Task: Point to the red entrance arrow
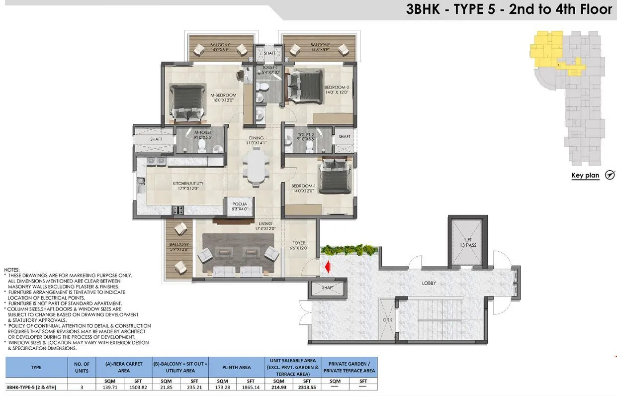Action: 326,268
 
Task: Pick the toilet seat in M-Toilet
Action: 202,146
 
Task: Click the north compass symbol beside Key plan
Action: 610,175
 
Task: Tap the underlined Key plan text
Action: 585,176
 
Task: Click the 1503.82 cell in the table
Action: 137,387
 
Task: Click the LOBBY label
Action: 429,284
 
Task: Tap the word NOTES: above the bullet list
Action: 12,270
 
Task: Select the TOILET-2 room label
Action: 306,137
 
